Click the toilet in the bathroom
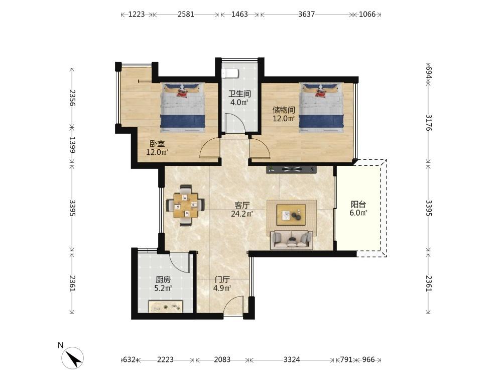click(x=230, y=73)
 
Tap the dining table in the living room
click(x=185, y=205)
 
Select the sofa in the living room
click(x=291, y=239)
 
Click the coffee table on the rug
click(x=291, y=212)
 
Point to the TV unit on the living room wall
click(x=291, y=169)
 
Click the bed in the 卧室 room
click(x=183, y=108)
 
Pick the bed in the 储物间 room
click(x=321, y=108)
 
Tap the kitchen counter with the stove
click(x=166, y=307)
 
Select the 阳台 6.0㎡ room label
click(x=358, y=209)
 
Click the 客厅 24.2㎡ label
click(x=242, y=209)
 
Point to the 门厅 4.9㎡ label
click(x=222, y=284)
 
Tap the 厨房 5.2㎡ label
click(x=163, y=284)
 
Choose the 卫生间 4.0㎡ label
click(x=239, y=98)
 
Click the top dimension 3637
click(x=306, y=14)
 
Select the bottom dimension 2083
click(x=222, y=359)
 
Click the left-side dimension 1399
click(x=72, y=145)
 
